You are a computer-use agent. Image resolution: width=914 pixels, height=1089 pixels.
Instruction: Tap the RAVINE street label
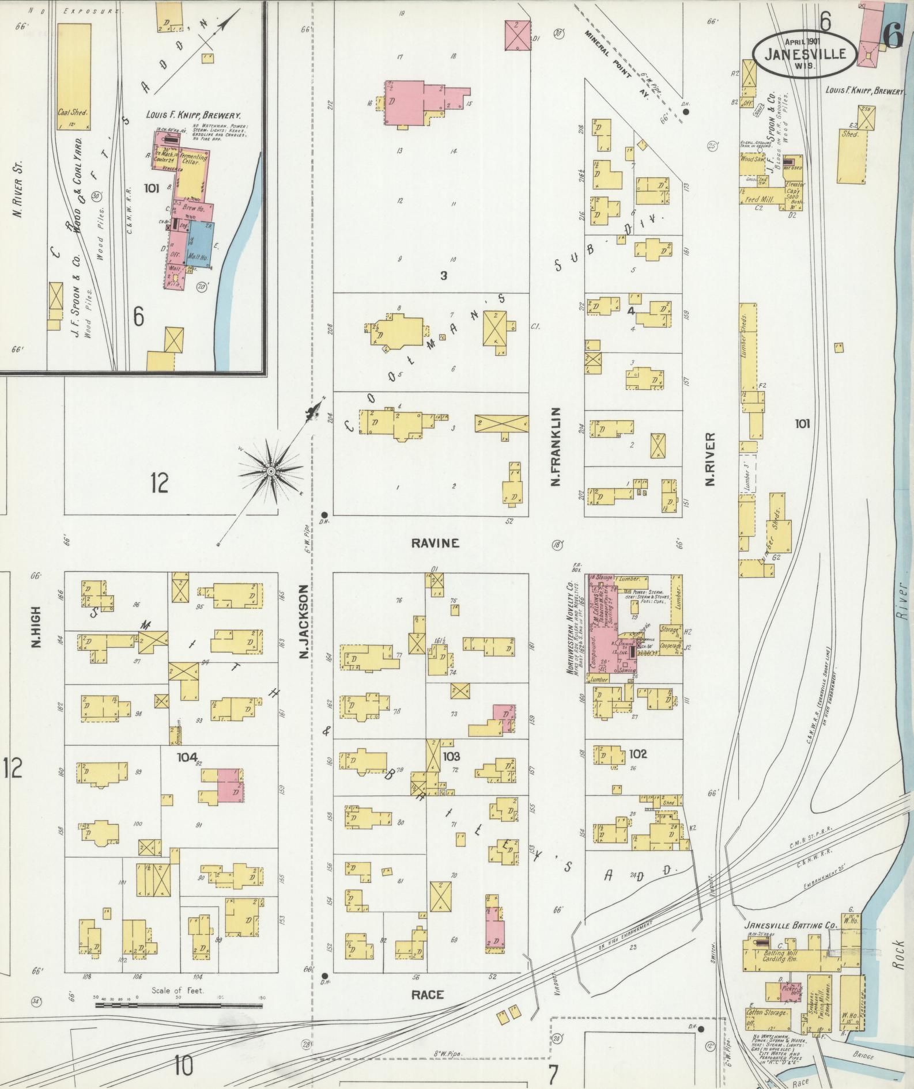click(x=436, y=543)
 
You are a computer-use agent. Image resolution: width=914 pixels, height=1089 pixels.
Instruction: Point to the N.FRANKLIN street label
click(x=556, y=446)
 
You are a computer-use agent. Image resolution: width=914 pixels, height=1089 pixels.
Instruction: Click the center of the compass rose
click(x=270, y=472)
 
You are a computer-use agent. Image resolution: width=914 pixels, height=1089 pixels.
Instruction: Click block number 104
click(x=187, y=757)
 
